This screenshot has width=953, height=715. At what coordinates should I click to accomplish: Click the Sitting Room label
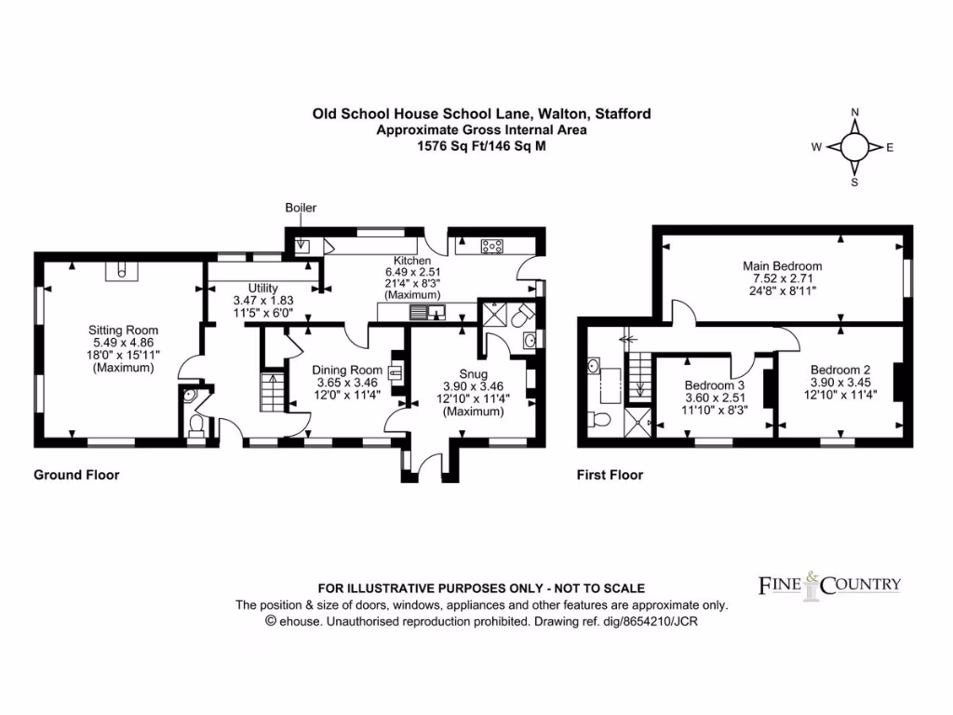click(123, 330)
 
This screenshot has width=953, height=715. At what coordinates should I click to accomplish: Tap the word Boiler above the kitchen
click(301, 208)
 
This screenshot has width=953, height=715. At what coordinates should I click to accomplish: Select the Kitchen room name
click(410, 261)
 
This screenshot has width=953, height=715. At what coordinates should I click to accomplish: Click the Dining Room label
click(346, 369)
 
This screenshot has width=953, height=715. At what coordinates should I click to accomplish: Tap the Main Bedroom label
click(782, 265)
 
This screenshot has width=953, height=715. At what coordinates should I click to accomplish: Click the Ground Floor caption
click(76, 475)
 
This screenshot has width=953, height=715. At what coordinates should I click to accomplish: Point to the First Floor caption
click(610, 475)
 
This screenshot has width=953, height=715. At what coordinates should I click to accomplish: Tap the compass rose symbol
click(854, 147)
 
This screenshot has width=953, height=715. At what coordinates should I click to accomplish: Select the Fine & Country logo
click(829, 585)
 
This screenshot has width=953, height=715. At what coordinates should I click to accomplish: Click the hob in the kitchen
click(491, 246)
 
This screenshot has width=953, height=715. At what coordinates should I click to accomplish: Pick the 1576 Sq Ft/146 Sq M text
click(481, 145)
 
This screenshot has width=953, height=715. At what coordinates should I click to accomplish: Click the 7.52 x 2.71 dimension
click(782, 278)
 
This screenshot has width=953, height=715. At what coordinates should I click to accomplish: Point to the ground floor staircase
click(272, 391)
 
